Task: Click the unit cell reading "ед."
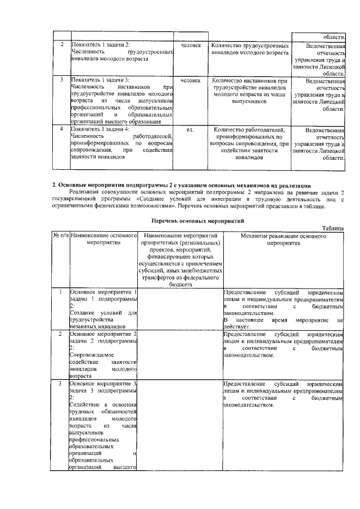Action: coord(190,129)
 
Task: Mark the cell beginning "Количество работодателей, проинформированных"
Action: coord(247,143)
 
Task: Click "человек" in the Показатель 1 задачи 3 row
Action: coord(190,80)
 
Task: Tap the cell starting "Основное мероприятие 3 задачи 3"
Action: coord(103,425)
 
